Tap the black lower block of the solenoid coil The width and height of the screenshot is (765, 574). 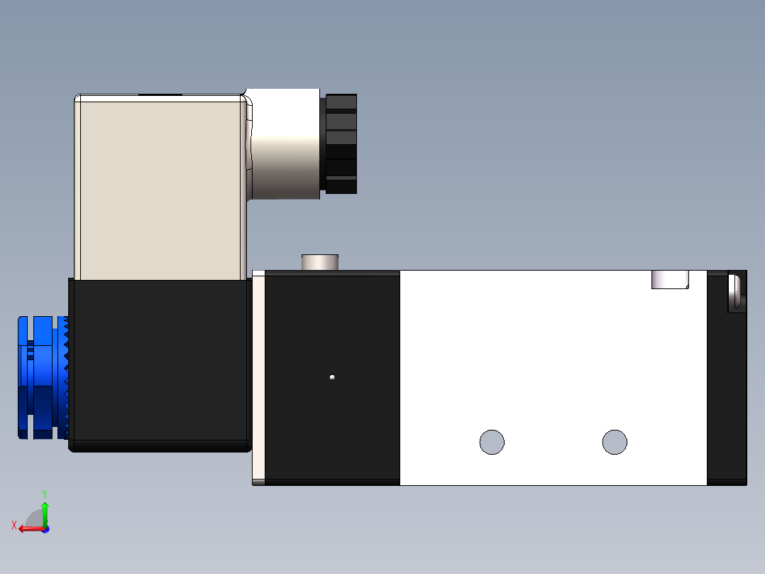(160, 362)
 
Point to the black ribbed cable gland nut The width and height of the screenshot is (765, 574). (341, 144)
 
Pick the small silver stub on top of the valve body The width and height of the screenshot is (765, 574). (321, 261)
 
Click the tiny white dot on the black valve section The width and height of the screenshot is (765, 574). (332, 377)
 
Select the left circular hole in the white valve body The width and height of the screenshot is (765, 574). (492, 442)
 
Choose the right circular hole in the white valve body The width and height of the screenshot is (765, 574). (615, 442)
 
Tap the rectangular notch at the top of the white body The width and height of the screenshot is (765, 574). (670, 280)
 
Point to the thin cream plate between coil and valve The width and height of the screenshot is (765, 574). (258, 377)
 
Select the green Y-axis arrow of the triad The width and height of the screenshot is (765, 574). (45, 511)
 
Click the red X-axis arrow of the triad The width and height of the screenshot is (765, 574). (28, 529)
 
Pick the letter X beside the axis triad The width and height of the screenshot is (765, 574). (13, 525)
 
